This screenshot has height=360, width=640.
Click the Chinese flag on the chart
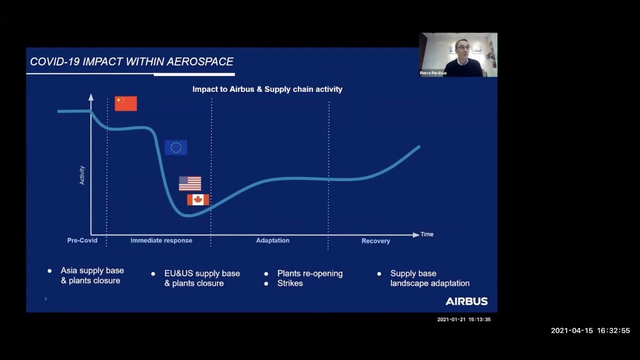[x=125, y=103]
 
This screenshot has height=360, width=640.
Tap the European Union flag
[x=176, y=147]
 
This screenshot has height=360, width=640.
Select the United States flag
[x=190, y=183]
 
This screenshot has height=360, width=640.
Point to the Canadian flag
[x=198, y=199]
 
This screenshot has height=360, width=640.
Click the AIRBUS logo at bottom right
[x=466, y=301]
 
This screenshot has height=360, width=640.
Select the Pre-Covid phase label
[x=82, y=240]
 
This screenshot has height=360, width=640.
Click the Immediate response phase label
[x=161, y=240]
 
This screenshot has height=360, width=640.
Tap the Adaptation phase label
[x=272, y=240]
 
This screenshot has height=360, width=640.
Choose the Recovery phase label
[x=375, y=241]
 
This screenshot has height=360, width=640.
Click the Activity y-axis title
[x=82, y=175]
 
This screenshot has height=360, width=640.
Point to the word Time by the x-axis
[x=427, y=234]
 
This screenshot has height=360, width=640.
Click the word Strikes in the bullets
[x=290, y=283]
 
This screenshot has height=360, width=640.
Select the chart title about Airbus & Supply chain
[x=267, y=89]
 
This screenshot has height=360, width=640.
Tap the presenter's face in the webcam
[x=461, y=50]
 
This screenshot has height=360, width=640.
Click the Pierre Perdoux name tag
[x=433, y=73]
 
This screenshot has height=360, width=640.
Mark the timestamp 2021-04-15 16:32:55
[x=590, y=330]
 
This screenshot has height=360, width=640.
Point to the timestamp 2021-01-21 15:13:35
[x=463, y=319]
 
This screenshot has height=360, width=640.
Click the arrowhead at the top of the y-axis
[x=91, y=96]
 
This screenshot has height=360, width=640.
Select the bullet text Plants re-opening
[x=310, y=273]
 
